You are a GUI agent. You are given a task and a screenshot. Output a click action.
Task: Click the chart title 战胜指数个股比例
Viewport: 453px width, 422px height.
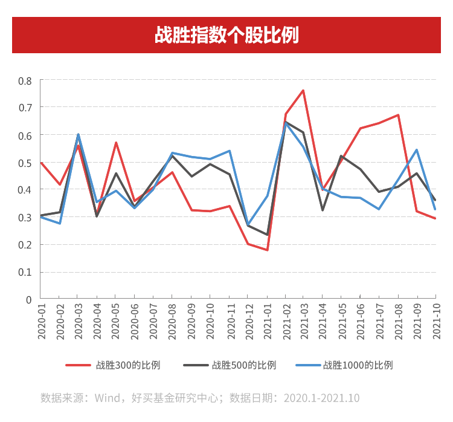pyautogui.click(x=226, y=35)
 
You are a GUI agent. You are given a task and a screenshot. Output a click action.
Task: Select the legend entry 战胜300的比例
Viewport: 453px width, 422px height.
pyautogui.click(x=127, y=365)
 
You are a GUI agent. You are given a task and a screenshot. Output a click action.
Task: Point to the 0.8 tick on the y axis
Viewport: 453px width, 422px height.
pyautogui.click(x=25, y=80)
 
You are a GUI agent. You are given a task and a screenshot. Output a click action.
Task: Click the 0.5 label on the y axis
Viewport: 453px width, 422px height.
pyautogui.click(x=25, y=163)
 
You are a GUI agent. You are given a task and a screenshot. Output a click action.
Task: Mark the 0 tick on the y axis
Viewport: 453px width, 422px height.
pyautogui.click(x=28, y=299)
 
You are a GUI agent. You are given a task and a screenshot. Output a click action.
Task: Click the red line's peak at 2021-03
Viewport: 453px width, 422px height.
pyautogui.click(x=303, y=91)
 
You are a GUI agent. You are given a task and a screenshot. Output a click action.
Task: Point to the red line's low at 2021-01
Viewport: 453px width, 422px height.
pyautogui.click(x=266, y=250)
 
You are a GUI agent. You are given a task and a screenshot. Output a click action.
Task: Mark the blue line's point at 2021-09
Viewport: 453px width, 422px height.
pyautogui.click(x=417, y=149)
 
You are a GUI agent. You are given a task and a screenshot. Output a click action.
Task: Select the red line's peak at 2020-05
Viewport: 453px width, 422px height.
pyautogui.click(x=116, y=143)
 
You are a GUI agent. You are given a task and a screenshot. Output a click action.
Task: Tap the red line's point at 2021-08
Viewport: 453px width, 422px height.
pyautogui.click(x=398, y=115)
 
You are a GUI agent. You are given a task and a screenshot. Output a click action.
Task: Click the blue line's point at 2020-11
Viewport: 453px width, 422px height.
pyautogui.click(x=230, y=151)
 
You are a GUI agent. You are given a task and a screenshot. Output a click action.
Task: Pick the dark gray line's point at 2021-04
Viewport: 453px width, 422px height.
pyautogui.click(x=323, y=210)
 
